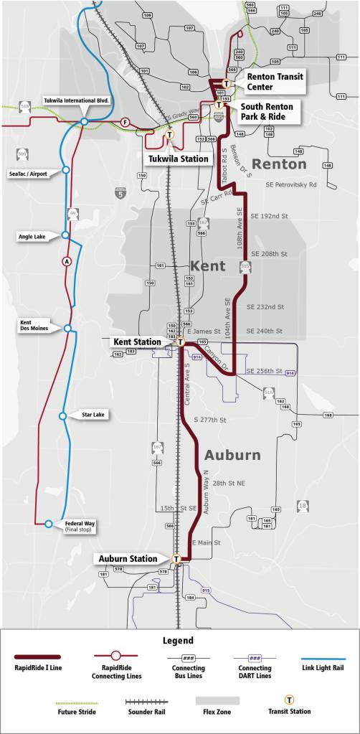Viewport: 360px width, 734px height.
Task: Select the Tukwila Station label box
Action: pos(179,158)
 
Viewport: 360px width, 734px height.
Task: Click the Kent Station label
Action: pos(137,342)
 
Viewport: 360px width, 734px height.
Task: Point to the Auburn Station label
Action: pos(129,558)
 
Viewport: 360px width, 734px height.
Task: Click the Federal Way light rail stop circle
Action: pos(48,524)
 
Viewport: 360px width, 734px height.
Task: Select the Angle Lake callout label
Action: pos(30,235)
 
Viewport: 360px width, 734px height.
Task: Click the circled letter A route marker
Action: pos(67,260)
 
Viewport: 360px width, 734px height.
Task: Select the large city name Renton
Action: pos(278,164)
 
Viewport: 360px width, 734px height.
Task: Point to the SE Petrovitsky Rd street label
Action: pos(290,184)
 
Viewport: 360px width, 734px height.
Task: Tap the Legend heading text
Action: pos(179,640)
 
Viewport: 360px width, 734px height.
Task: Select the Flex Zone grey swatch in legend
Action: pos(217,700)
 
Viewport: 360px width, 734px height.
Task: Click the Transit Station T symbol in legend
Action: pos(290,699)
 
